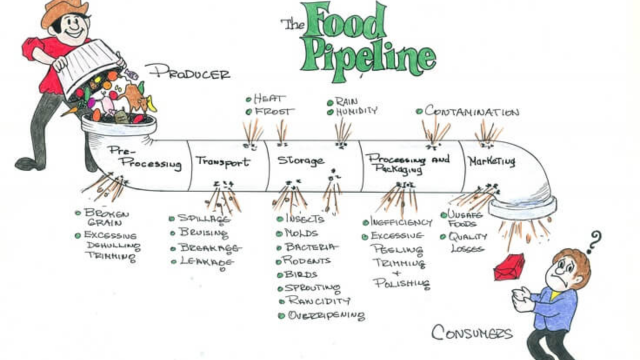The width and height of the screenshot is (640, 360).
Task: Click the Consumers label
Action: (473, 332)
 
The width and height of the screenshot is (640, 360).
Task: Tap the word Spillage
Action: (204, 217)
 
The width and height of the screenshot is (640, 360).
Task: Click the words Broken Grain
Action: (107, 219)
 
